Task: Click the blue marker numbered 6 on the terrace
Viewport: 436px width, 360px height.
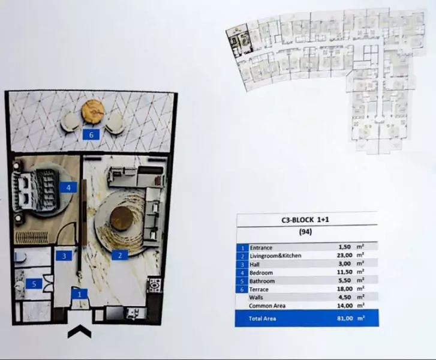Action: point(91,134)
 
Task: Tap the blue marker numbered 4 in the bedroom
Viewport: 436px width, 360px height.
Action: point(69,187)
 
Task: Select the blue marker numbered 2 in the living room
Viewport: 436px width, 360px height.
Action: point(120,255)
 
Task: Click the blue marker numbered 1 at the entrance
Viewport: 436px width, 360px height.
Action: point(79,293)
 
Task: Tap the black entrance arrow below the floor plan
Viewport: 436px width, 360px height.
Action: point(79,332)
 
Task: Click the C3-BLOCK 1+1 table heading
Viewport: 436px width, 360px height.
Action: point(306,220)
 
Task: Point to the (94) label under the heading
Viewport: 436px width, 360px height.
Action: point(306,231)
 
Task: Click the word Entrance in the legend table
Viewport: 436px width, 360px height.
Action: point(261,247)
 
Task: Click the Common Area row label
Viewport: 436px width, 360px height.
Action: point(266,306)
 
